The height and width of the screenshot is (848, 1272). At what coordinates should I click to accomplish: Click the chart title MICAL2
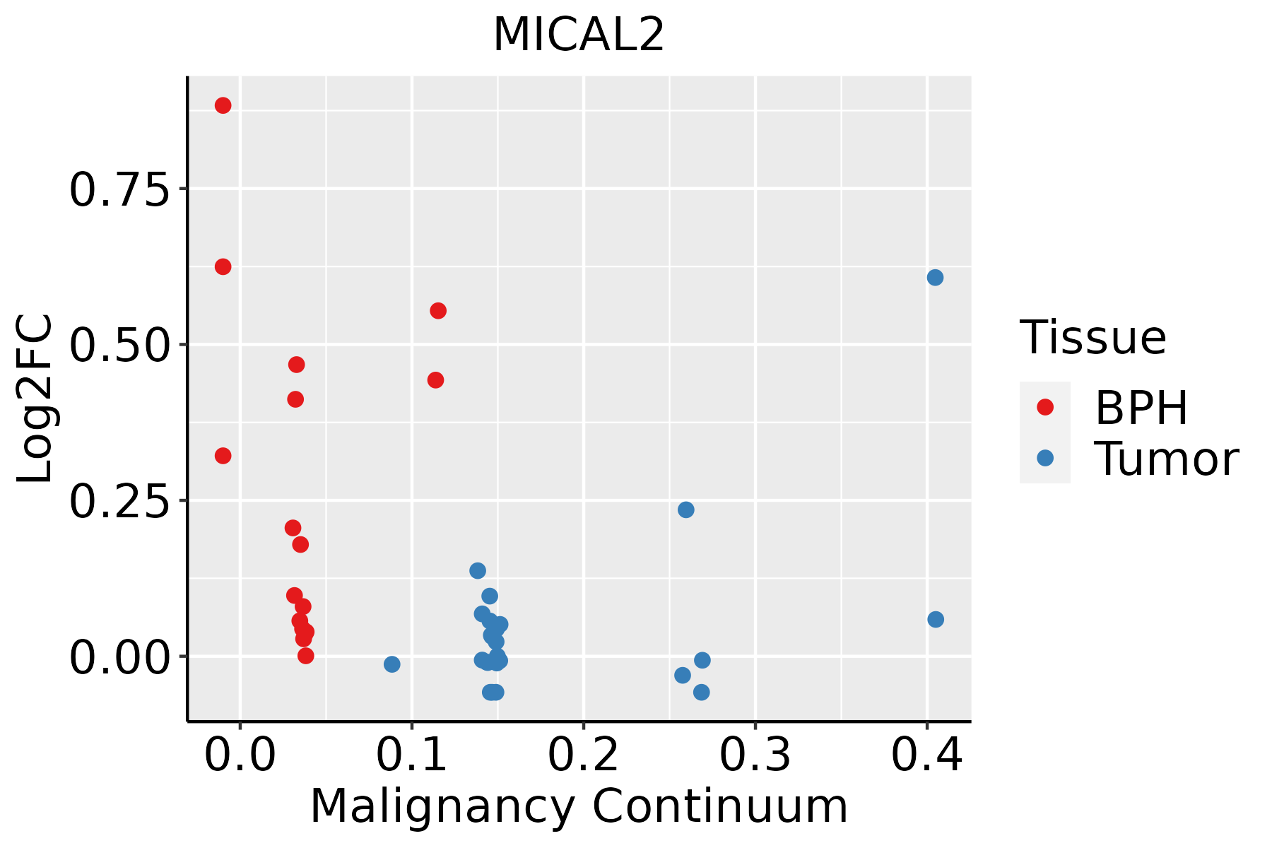coord(579,35)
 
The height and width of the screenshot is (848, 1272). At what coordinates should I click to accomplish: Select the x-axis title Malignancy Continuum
coord(579,807)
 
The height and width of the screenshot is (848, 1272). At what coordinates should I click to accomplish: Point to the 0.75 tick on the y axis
coord(119,189)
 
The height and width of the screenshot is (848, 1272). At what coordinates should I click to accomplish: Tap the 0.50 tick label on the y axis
coord(119,345)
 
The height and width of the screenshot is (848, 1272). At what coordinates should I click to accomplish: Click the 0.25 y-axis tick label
coord(119,501)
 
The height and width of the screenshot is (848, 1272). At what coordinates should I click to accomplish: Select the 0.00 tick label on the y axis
coord(119,657)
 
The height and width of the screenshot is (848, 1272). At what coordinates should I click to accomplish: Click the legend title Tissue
coord(1093,338)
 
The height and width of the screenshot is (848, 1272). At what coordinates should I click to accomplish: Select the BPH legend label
coord(1141,408)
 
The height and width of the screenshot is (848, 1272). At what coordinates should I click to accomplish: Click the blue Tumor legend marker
coord(1044,458)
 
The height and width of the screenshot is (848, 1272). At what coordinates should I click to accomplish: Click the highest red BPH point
coord(223,106)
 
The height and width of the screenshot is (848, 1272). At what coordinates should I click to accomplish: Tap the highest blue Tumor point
coord(935,278)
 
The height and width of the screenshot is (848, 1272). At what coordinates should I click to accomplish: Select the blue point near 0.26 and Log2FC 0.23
coord(685,510)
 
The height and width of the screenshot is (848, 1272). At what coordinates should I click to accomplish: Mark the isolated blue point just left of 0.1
coord(391,664)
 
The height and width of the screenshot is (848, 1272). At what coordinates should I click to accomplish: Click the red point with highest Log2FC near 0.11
coord(438,311)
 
